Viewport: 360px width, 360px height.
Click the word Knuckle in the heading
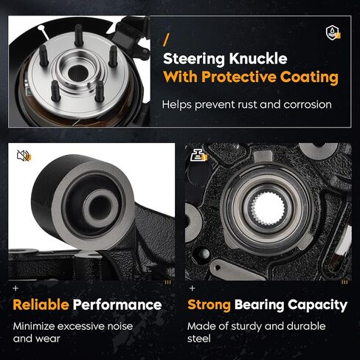coord(258,58)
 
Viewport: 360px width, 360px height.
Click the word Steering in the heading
coord(194,59)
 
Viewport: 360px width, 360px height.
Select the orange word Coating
coord(309,77)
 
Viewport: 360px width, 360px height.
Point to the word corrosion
coord(308,105)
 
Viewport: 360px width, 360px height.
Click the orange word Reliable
coord(41,305)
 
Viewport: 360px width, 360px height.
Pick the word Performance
coord(117,305)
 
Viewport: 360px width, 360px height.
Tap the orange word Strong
coord(209,305)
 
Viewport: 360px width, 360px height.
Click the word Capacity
coord(317,305)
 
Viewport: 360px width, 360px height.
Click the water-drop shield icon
coord(333,32)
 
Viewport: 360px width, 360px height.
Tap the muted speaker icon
coord(24,156)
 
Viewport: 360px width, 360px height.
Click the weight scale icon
coord(198,155)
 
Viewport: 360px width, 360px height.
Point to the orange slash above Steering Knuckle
coord(166,40)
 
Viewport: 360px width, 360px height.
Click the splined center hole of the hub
coord(78,73)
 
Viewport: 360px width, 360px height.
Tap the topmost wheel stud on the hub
coord(78,35)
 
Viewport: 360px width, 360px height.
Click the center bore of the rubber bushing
coord(100,209)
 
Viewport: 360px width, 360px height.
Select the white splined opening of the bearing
coord(268,209)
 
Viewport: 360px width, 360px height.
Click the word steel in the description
coord(198,339)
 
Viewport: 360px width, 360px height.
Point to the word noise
coord(120,326)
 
